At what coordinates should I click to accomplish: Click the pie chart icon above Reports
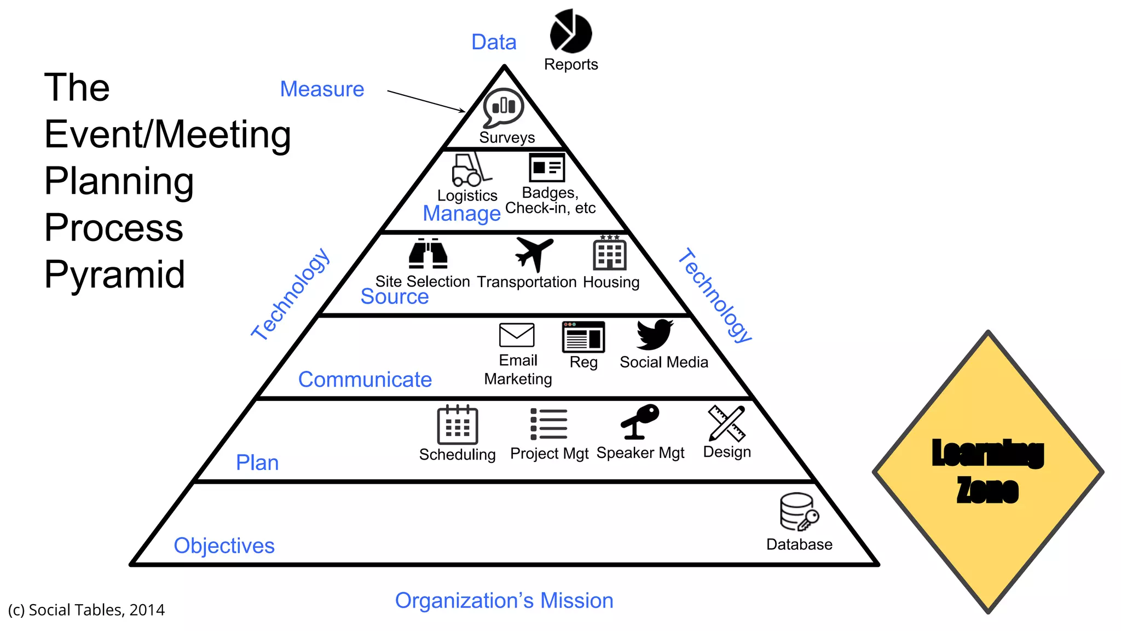point(570,32)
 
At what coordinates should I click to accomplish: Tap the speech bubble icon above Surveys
point(503,107)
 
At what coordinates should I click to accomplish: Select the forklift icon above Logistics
point(470,170)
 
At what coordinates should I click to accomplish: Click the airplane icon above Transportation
point(534,253)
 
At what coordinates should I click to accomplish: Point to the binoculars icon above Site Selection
point(428,254)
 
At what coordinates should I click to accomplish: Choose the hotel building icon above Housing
point(610,254)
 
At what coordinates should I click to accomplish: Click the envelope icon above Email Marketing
point(517,335)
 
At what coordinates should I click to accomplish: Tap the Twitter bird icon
point(654,334)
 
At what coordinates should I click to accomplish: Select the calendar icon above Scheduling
point(458,425)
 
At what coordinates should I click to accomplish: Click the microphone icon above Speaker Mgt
point(639,421)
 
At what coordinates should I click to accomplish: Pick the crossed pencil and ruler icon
point(726,423)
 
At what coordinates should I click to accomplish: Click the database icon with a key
point(799,512)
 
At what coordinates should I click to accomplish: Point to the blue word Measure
point(322,89)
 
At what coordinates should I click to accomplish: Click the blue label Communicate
point(365,380)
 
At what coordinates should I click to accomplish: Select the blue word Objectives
point(224,546)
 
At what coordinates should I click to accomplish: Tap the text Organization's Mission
point(504,601)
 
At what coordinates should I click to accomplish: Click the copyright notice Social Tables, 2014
point(86,610)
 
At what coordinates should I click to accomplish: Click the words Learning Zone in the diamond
point(987,471)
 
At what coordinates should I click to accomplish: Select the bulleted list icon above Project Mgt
point(548,424)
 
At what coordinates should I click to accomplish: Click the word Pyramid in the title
point(114,274)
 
